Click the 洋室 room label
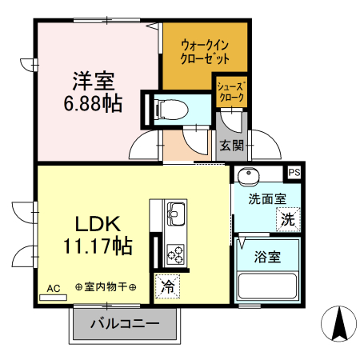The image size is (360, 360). tap(94, 80)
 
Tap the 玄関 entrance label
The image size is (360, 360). tap(232, 145)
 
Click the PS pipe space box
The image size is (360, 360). tap(294, 172)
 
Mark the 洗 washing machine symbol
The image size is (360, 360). tap(286, 218)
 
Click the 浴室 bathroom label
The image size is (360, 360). tap(266, 258)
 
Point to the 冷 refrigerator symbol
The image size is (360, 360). tap(168, 285)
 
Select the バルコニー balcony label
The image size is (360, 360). tap(123, 326)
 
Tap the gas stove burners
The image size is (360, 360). tap(174, 254)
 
